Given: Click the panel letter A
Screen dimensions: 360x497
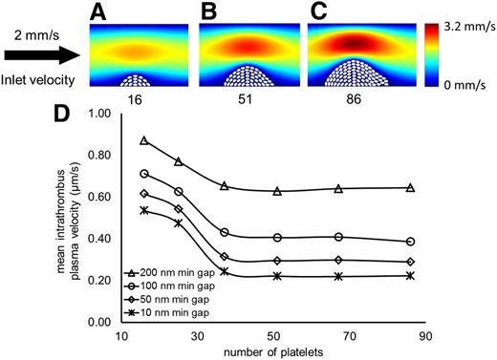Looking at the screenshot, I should [x=98, y=13].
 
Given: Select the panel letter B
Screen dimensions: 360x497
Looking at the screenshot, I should [x=207, y=13].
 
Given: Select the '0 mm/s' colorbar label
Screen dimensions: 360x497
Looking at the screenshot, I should [x=460, y=83].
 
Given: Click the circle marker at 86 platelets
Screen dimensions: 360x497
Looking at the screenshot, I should [x=410, y=242].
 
